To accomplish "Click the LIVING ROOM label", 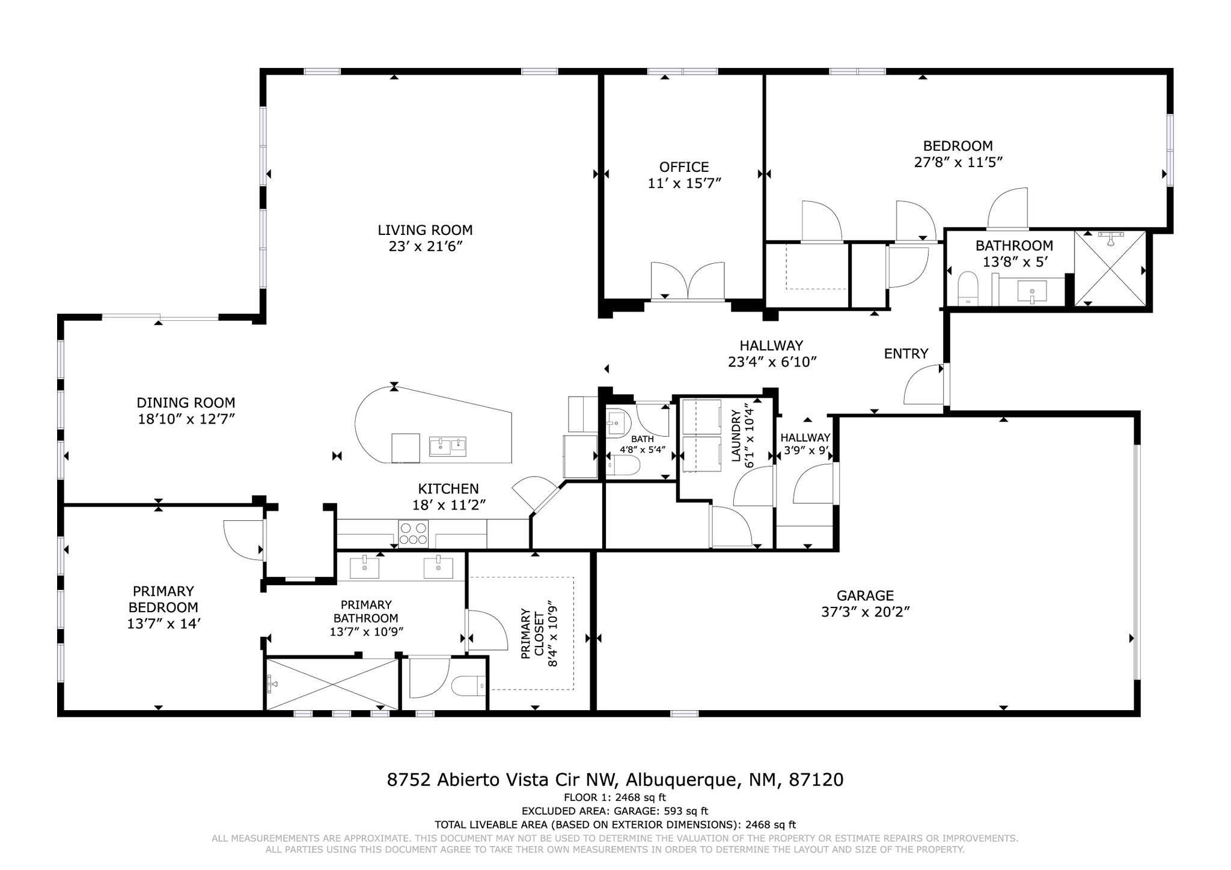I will point(425,230).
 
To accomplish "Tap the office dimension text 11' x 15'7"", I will point(684,183).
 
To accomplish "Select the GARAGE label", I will point(865,595).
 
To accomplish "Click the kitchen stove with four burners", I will point(414,534).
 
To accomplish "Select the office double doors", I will point(688,281).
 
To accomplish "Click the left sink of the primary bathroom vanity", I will point(364,567).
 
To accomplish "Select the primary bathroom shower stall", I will point(332,685).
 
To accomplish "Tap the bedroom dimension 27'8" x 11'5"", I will point(958,162).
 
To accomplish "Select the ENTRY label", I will point(906,354).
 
